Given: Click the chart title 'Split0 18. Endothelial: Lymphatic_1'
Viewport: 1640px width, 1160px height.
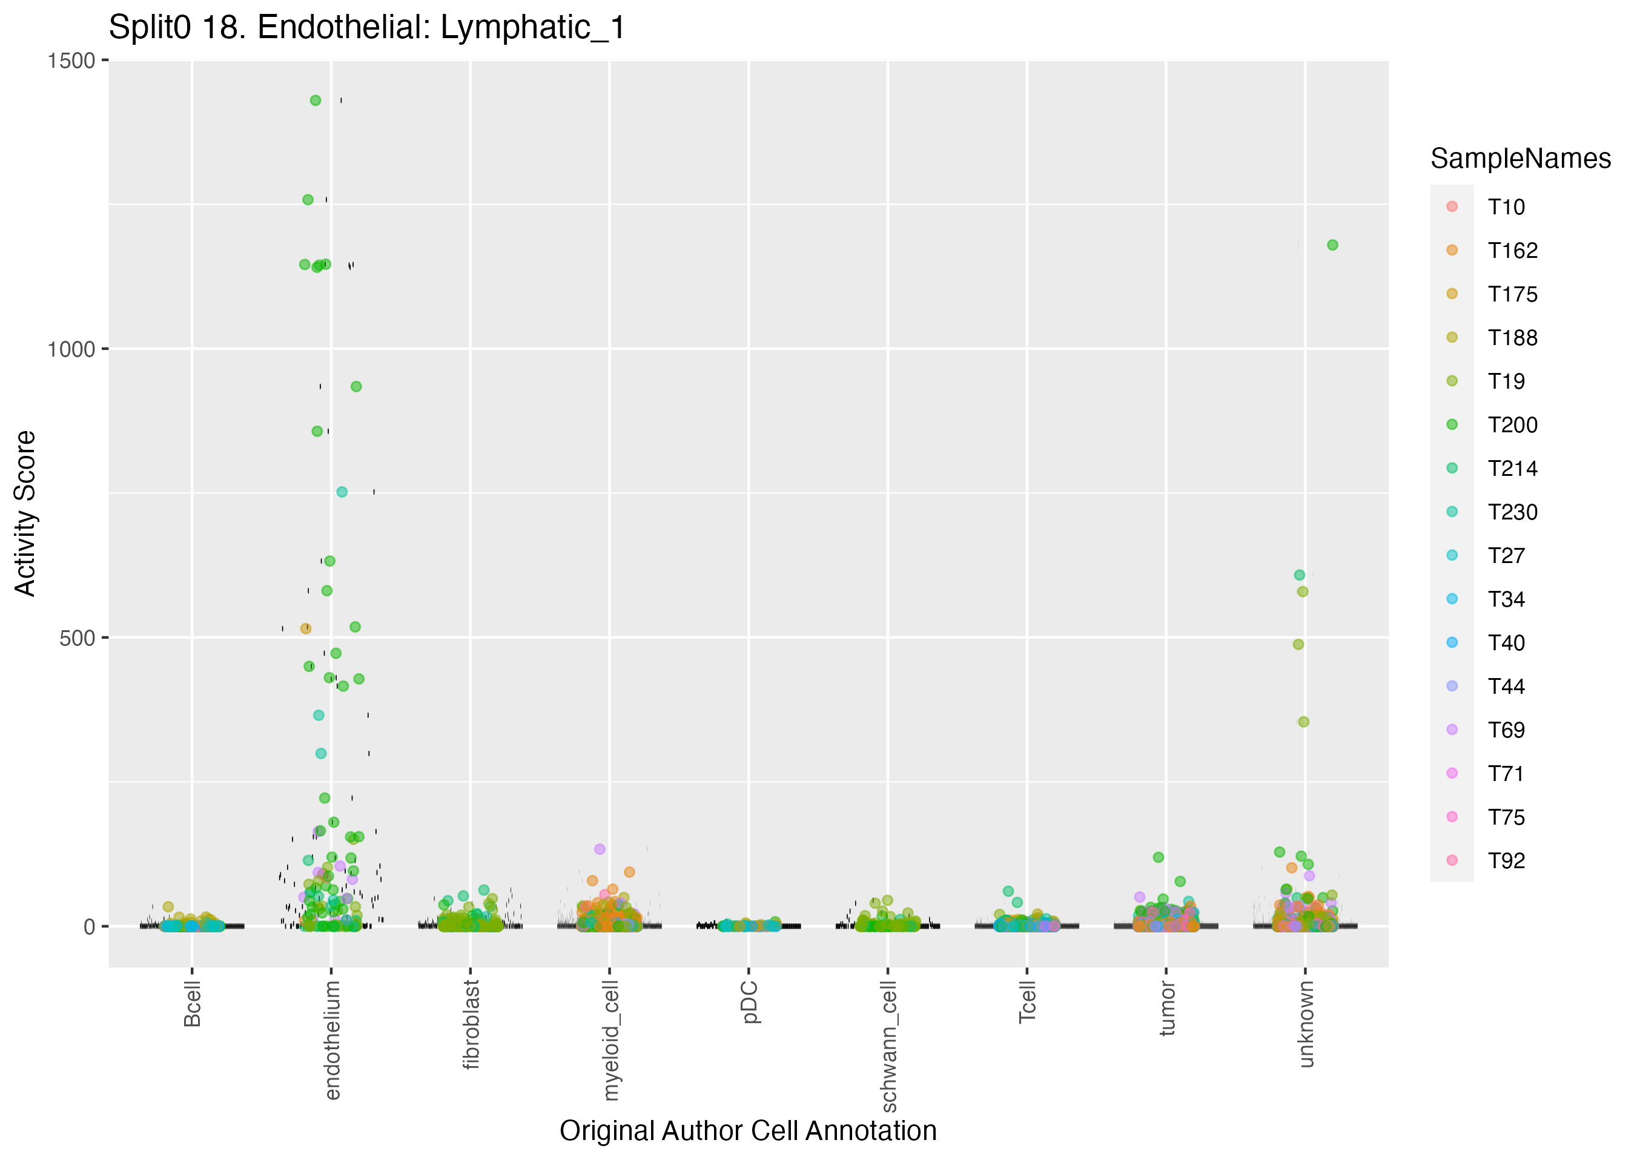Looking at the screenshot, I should point(367,28).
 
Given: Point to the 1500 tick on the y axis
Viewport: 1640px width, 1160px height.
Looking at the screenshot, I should point(71,61).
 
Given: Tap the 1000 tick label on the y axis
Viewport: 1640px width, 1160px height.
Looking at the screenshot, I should point(71,349).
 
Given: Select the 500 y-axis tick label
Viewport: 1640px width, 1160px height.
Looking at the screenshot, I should point(77,638).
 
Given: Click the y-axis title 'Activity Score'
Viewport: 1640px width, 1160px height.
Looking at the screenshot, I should point(25,513).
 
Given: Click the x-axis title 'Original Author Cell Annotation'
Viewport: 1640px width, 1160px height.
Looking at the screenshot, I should point(748,1131).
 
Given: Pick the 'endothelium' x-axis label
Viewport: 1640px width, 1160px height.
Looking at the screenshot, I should point(332,1040).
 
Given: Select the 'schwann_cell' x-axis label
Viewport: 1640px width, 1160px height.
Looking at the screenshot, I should point(888,1046).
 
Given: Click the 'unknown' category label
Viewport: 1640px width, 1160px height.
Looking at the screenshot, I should point(1306,1024).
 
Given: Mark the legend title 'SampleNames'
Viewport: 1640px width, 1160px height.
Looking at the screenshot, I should point(1520,159).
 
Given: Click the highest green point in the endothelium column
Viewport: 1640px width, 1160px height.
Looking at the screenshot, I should point(316,101).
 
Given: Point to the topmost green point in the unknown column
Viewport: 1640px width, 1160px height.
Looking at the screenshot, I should point(1332,245).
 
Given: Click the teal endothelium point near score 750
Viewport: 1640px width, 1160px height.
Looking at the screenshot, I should point(342,492).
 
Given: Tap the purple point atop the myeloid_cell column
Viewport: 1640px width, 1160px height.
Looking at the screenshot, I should point(600,849).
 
